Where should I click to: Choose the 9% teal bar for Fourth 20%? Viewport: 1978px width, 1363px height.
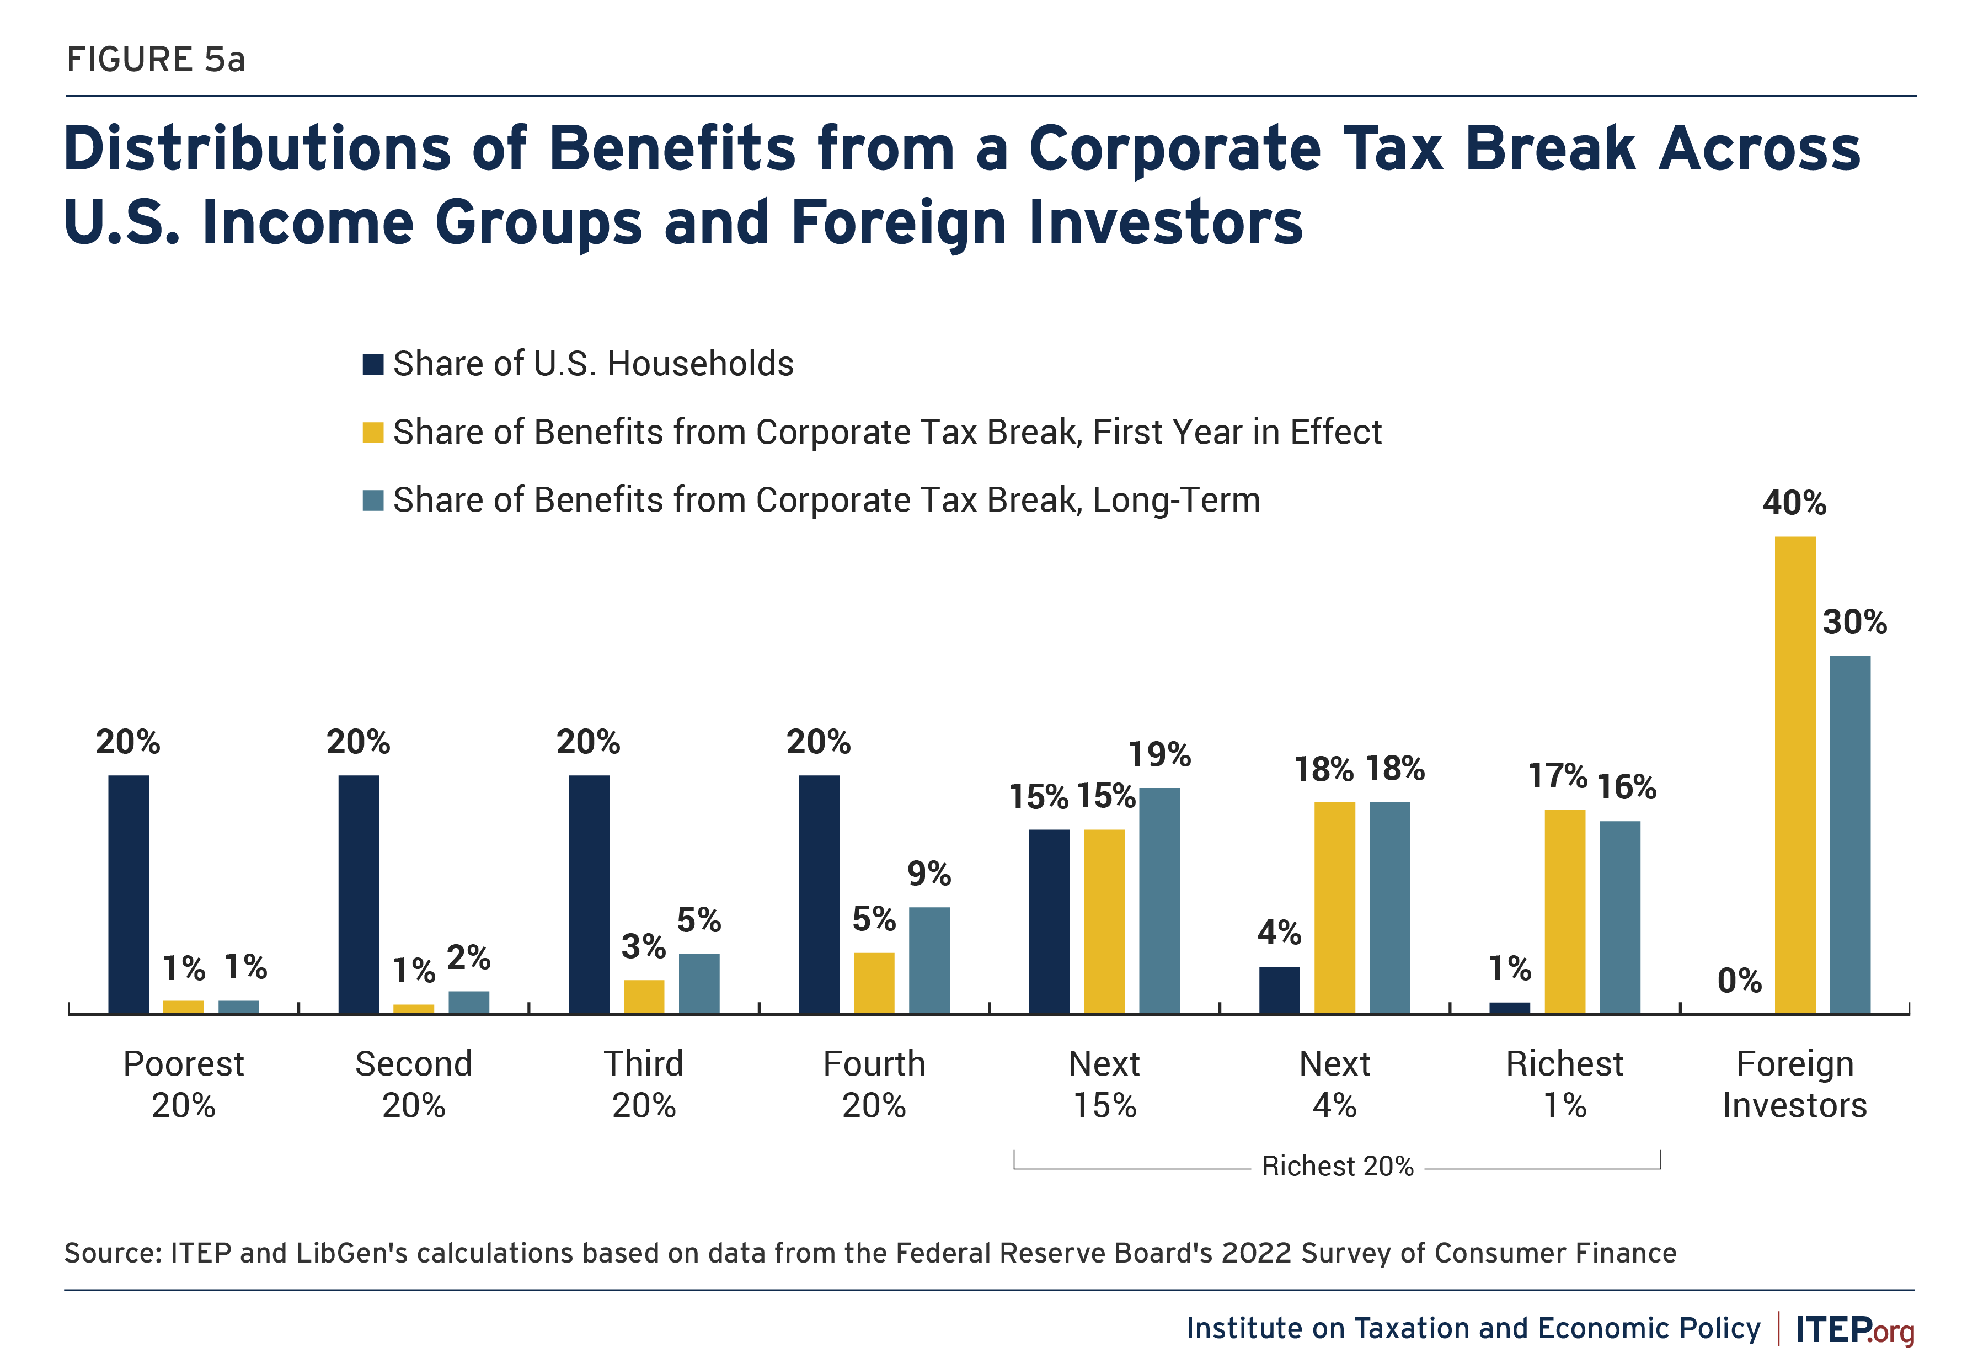tap(929, 960)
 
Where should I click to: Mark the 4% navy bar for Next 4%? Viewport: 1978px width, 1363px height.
tap(1279, 990)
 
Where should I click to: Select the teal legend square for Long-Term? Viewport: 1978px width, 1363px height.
tap(373, 501)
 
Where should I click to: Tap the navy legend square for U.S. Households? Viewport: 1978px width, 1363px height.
tap(373, 365)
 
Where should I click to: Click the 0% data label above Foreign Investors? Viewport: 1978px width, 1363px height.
tap(1739, 981)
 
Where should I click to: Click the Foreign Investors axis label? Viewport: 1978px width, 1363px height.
tap(1794, 1084)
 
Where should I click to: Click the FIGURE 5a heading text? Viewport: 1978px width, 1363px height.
tap(156, 60)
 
